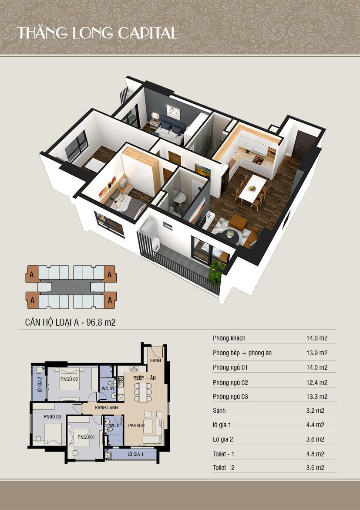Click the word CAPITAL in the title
tap(148, 33)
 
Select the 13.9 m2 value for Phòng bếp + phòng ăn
tap(317, 353)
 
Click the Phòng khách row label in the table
tap(229, 338)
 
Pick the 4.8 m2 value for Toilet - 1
tap(315, 454)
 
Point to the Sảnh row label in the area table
tap(219, 411)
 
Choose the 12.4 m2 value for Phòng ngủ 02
tap(317, 383)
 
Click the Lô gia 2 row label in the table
tap(223, 439)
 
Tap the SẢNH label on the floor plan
tap(155, 361)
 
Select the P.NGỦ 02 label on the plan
tap(69, 379)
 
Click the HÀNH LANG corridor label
tap(106, 408)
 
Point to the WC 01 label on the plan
tap(108, 388)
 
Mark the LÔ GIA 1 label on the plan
tap(135, 454)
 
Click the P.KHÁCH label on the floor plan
tap(136, 425)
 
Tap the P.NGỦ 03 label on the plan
tap(52, 417)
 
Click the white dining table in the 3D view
tap(253, 188)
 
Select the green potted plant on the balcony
tap(216, 271)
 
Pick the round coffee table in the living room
tap(230, 235)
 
